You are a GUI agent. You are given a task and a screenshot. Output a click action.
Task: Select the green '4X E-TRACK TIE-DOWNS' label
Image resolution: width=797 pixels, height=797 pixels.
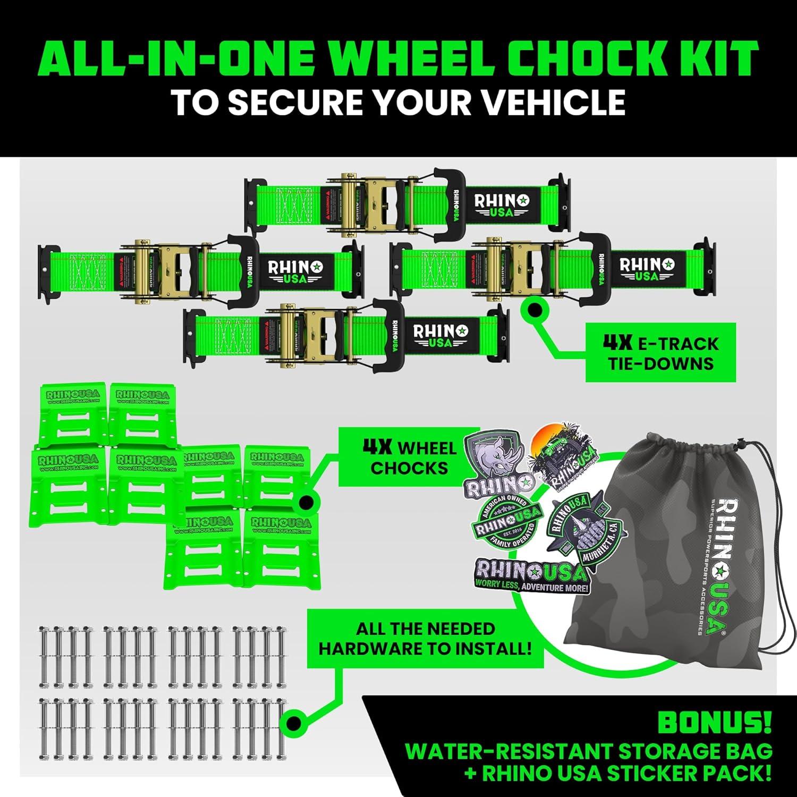click(660, 353)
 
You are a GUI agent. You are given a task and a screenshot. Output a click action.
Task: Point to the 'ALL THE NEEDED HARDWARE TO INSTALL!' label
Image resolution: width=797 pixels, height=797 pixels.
click(425, 639)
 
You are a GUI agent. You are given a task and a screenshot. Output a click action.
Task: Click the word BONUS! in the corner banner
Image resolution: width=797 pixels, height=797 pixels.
click(714, 723)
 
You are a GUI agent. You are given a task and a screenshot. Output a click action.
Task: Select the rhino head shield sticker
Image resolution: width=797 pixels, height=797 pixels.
click(496, 463)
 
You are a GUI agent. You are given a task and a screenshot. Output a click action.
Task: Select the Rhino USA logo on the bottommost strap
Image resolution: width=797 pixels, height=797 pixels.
click(440, 335)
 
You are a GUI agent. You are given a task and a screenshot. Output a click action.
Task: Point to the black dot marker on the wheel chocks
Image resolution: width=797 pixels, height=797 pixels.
click(305, 502)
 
